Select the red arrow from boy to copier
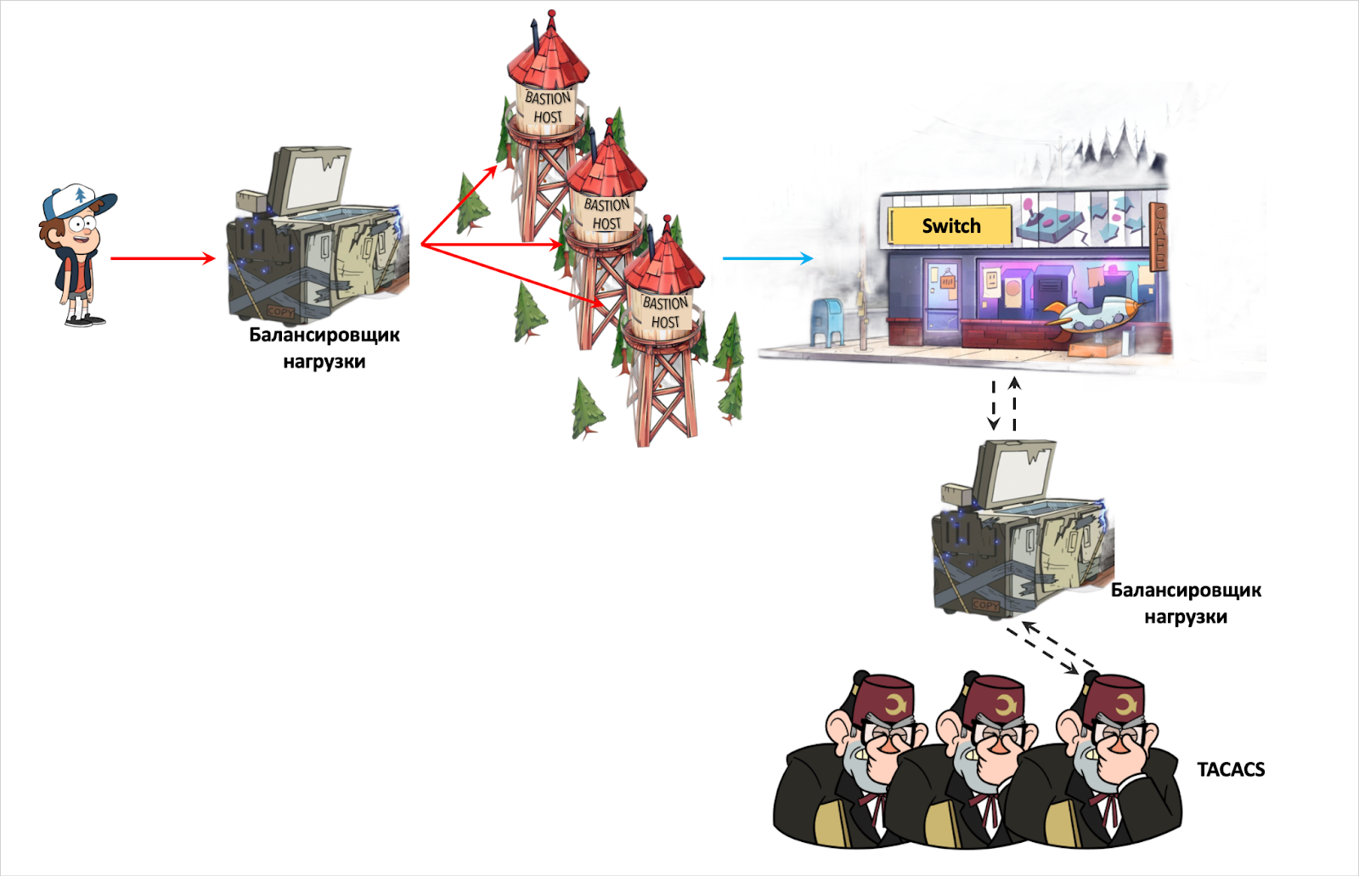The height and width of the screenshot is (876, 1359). click(161, 258)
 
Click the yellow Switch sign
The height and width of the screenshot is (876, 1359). click(950, 226)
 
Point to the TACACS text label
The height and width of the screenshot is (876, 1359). click(1231, 770)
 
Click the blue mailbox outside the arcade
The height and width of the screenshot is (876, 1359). click(826, 321)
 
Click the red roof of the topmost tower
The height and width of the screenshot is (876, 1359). click(548, 54)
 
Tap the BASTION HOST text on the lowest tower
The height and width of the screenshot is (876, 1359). click(665, 312)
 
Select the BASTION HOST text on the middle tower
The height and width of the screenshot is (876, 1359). click(606, 214)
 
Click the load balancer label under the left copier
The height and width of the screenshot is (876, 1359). click(324, 348)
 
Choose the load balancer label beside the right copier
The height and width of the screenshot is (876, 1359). click(1186, 603)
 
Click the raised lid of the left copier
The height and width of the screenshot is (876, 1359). click(310, 180)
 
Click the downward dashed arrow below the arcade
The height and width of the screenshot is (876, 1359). click(994, 405)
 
